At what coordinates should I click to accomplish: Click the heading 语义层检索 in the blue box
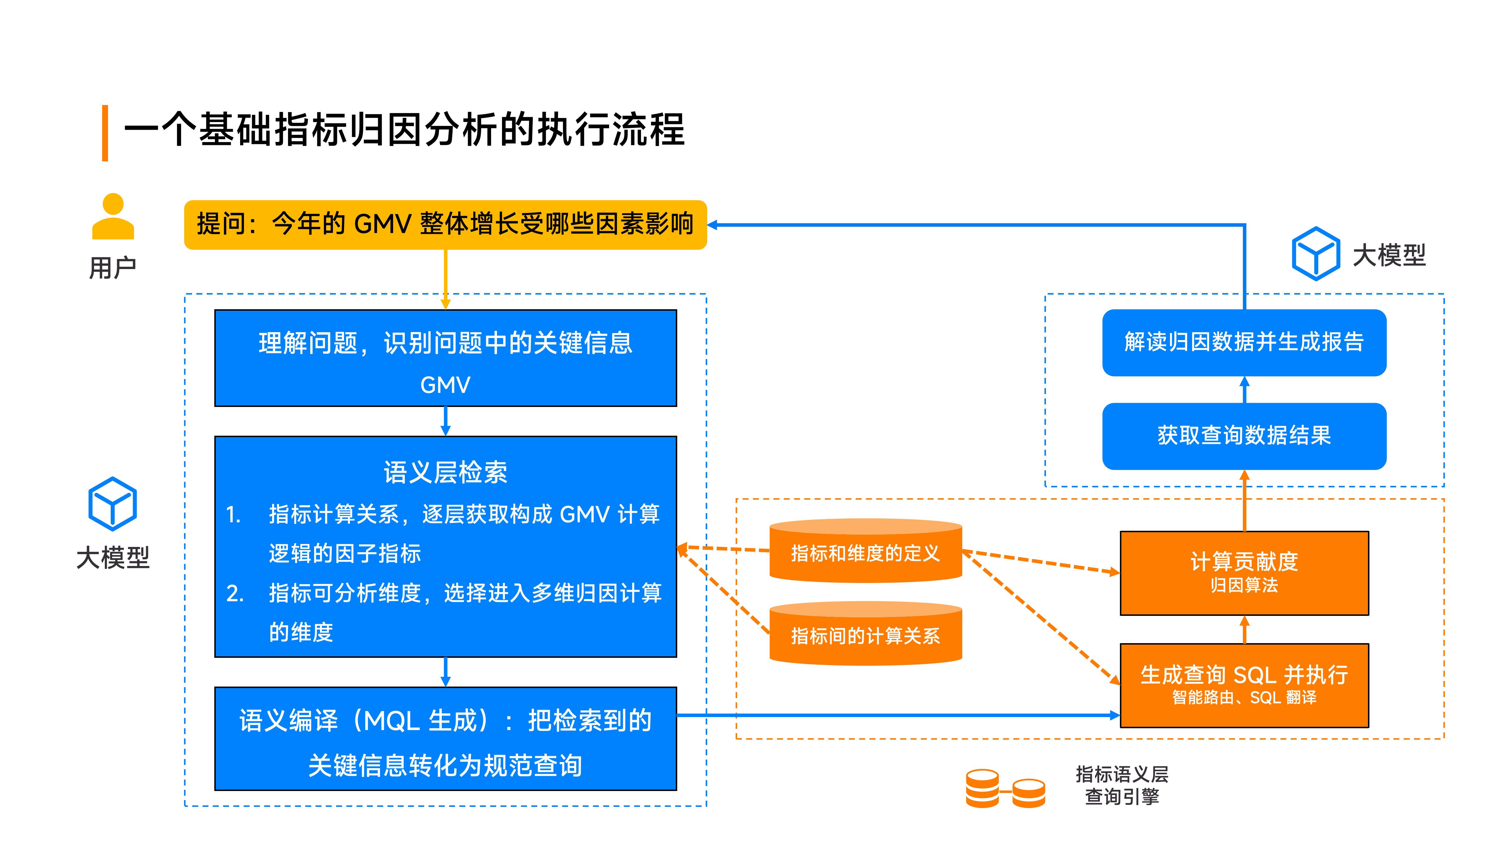coord(445,472)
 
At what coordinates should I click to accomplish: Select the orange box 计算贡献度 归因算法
coord(1244,573)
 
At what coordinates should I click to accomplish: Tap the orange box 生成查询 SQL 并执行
coord(1244,685)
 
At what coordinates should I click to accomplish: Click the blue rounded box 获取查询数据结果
coord(1244,436)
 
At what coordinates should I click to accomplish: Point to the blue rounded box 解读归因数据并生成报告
coord(1244,342)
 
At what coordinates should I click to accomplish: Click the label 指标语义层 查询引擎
coord(1121,785)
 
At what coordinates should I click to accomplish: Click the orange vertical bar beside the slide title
coord(105,133)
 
